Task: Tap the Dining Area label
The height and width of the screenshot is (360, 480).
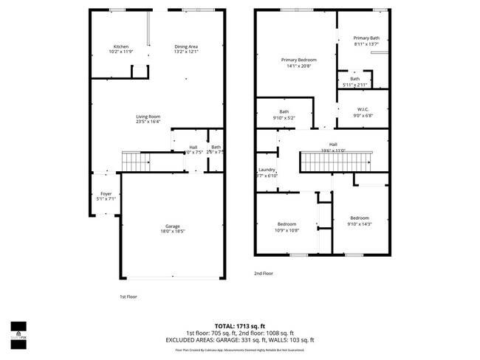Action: (x=185, y=46)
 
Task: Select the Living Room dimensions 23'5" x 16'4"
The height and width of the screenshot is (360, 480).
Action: (x=148, y=122)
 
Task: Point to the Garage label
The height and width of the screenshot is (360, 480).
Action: (x=172, y=226)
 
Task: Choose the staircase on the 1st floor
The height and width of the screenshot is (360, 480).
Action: (x=134, y=160)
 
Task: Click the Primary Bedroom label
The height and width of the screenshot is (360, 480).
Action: (x=297, y=60)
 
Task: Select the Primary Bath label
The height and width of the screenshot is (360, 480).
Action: (x=366, y=38)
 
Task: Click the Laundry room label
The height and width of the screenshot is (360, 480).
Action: (x=267, y=169)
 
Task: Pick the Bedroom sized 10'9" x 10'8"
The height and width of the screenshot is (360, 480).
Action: (x=287, y=224)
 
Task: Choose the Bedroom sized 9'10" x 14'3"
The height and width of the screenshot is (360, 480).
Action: (x=359, y=218)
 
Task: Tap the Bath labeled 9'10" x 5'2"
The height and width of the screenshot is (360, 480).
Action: (x=284, y=111)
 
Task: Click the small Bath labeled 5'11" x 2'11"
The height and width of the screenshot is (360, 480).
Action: (x=355, y=79)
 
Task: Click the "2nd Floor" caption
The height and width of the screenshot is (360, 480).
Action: (x=264, y=273)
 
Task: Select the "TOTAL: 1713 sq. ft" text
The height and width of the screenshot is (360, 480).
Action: (x=240, y=325)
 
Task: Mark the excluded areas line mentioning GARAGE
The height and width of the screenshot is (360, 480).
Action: (x=240, y=339)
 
